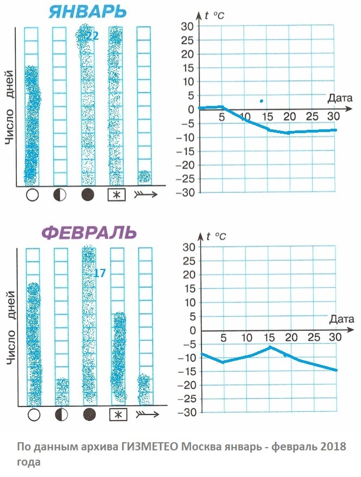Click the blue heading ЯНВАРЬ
point(88,11)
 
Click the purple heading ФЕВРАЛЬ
point(89,233)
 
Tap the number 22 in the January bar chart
point(92,36)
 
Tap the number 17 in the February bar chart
point(99,273)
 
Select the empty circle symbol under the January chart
point(32,195)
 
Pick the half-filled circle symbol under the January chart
point(60,195)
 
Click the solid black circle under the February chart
point(90,415)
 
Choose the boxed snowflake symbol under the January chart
point(116,195)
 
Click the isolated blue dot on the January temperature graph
point(262,101)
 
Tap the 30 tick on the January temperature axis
point(187,27)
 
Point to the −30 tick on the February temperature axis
point(186,412)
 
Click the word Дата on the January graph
point(340,98)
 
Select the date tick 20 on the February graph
point(291,337)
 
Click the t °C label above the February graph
point(216,236)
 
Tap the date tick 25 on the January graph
point(312,116)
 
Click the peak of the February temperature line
point(270,347)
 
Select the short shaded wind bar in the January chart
point(144,177)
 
